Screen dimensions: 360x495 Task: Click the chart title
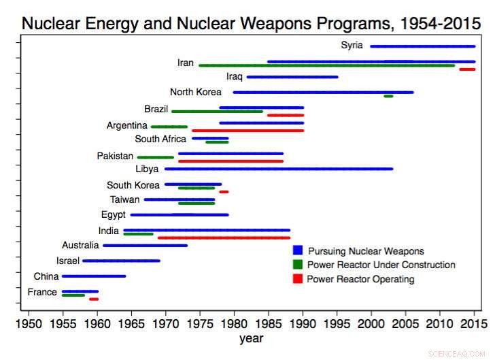247,22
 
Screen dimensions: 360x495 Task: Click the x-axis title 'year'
250,338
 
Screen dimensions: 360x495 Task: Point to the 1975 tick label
200,321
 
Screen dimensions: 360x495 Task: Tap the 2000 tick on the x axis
371,321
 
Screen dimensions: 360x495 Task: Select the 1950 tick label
29,321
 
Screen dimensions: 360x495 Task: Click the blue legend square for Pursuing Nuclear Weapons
297,251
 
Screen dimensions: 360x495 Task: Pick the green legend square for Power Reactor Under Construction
297,265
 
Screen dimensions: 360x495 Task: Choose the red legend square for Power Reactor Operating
297,278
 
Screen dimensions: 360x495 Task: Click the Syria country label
352,46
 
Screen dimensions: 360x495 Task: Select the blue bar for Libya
278,168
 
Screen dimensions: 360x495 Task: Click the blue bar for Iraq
292,77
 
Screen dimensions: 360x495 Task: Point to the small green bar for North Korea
388,96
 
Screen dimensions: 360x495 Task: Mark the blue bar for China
94,276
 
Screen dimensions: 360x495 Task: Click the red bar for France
94,299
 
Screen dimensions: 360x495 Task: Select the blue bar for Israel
121,261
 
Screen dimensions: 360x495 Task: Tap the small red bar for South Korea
224,192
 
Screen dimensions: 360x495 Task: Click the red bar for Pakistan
231,161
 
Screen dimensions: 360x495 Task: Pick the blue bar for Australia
145,245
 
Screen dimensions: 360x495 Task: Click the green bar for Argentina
169,127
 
